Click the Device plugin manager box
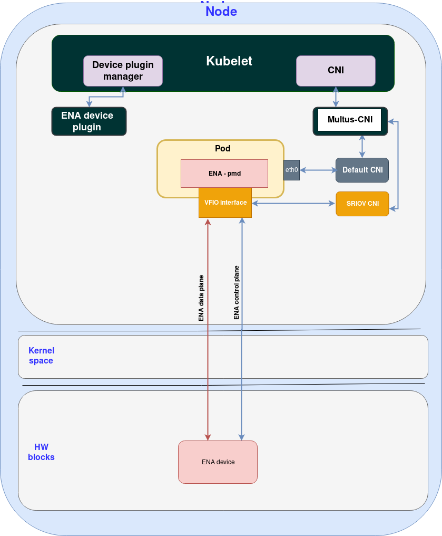coord(123,71)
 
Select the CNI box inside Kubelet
coord(336,71)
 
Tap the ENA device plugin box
coord(89,121)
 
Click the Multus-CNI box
coord(350,120)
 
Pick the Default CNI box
coord(362,170)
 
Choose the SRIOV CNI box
coord(362,204)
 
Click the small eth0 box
coord(291,170)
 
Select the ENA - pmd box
coord(224,173)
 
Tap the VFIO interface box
coord(225,203)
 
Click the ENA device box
coord(218,462)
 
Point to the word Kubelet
coord(229,61)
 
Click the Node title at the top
coord(221,11)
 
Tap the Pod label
coord(223,149)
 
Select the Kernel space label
coord(41,356)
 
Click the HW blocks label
coord(41,452)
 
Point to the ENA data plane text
coord(201,298)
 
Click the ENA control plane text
coord(237,293)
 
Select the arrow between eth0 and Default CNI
coord(318,170)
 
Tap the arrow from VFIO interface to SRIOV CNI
coord(293,203)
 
